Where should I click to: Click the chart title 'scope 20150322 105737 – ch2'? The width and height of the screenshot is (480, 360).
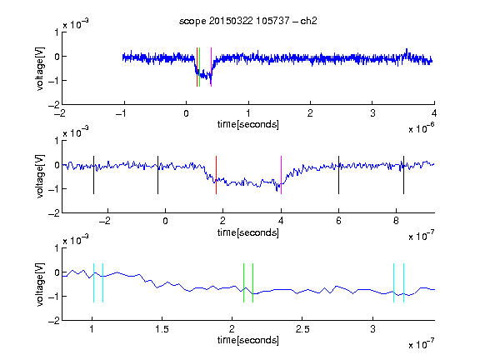(248, 21)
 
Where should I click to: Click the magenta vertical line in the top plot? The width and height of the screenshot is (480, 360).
(211, 67)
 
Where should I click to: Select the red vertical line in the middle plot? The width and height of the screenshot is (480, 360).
(216, 175)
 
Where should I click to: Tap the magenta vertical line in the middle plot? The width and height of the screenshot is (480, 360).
(281, 175)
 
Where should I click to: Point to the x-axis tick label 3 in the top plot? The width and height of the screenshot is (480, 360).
(372, 113)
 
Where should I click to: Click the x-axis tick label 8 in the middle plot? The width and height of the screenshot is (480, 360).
(396, 221)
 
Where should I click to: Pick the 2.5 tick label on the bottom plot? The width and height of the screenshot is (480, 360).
(302, 329)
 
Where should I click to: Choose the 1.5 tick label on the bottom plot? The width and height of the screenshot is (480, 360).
(162, 329)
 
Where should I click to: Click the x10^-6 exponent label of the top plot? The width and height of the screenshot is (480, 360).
(422, 127)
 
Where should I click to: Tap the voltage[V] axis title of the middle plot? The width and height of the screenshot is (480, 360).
(40, 177)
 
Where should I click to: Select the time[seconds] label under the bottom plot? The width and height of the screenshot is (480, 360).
(248, 340)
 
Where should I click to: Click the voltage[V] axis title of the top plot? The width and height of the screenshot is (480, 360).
(40, 68)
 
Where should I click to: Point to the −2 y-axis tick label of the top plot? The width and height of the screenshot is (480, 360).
(54, 105)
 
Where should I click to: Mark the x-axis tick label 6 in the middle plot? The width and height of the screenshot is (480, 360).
(338, 221)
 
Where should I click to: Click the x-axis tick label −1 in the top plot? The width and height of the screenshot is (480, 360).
(121, 113)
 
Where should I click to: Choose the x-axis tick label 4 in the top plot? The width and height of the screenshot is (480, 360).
(434, 113)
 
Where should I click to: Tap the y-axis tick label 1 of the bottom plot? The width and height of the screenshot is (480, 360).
(57, 248)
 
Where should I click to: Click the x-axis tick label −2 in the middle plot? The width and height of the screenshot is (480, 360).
(104, 221)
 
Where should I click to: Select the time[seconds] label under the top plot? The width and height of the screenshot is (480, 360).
(248, 124)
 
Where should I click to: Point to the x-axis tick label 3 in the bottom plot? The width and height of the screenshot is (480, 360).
(372, 329)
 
